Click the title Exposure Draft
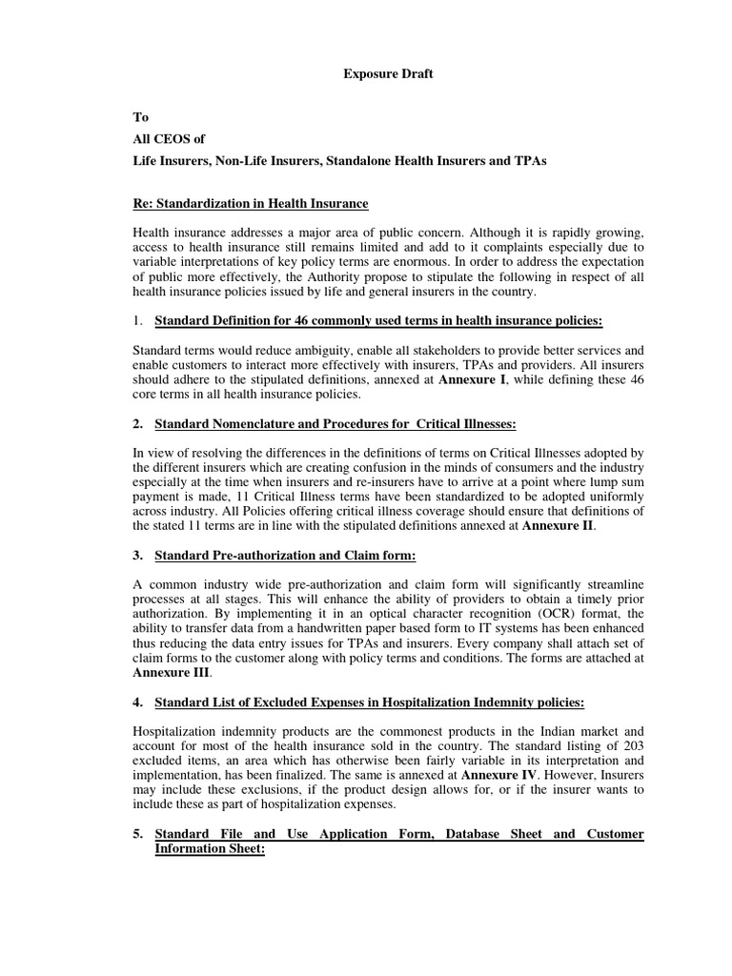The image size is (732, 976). click(x=388, y=74)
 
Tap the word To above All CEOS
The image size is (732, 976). click(x=140, y=117)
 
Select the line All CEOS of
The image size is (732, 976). click(x=169, y=139)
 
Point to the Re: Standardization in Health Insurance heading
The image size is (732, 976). click(x=250, y=204)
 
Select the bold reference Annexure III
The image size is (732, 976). click(x=169, y=673)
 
